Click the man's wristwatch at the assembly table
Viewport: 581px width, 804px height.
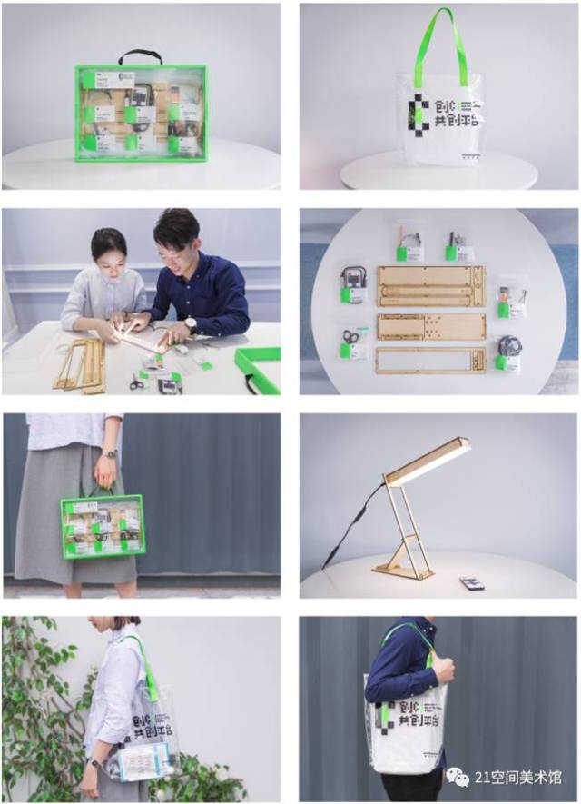190,323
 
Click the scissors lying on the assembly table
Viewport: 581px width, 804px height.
136,383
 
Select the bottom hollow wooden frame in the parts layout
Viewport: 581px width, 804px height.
431,361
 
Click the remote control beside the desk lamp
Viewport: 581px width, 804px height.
472,582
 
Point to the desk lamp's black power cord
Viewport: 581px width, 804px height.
350,527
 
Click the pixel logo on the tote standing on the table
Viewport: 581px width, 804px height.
419,114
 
